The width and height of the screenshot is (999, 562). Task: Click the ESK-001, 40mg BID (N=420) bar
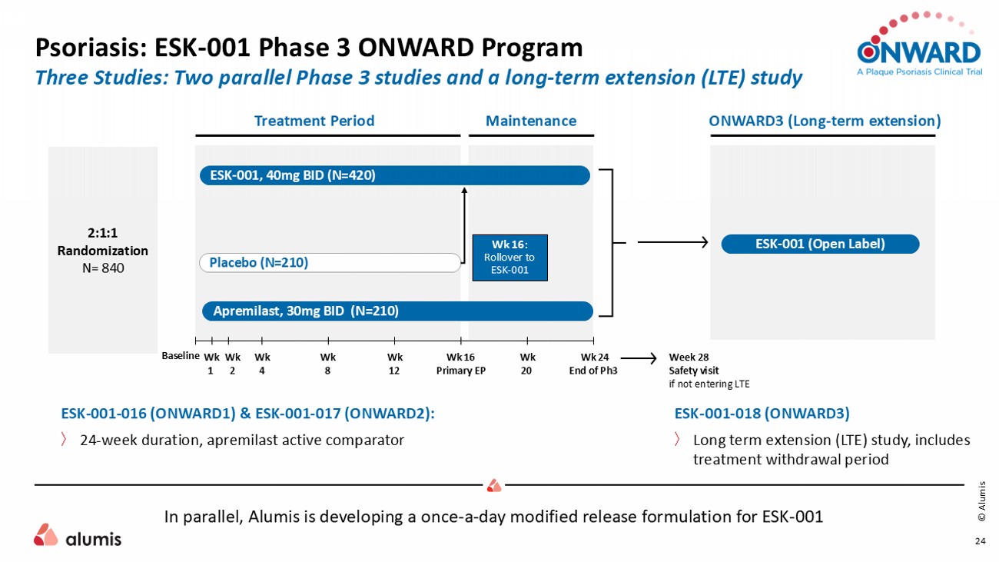point(395,175)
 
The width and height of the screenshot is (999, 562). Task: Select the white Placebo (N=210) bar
point(330,263)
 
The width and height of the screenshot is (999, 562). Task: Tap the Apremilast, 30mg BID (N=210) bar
point(397,311)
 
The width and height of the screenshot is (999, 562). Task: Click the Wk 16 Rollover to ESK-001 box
point(509,258)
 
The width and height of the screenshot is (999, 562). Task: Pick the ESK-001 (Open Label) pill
point(820,244)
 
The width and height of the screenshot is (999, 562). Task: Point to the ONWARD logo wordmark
point(919,52)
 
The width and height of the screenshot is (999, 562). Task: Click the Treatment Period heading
point(314,121)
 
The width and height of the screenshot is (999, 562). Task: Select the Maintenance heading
point(531,121)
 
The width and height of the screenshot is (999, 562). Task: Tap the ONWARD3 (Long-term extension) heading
point(825,121)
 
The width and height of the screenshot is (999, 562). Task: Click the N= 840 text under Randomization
point(103,268)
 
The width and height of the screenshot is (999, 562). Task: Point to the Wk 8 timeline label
point(328,364)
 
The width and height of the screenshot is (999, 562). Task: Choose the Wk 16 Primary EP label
point(461,364)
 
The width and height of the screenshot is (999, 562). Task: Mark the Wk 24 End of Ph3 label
point(593,364)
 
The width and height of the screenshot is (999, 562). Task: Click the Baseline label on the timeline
point(180,355)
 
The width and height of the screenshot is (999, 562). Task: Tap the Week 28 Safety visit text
point(695,364)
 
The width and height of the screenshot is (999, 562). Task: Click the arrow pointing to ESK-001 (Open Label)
point(672,242)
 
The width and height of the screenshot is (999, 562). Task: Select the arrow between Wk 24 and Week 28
point(639,358)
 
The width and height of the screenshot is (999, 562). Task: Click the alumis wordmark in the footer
point(93,539)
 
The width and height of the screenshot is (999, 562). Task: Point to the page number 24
point(981,541)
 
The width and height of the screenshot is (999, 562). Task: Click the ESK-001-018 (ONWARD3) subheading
point(762,414)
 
